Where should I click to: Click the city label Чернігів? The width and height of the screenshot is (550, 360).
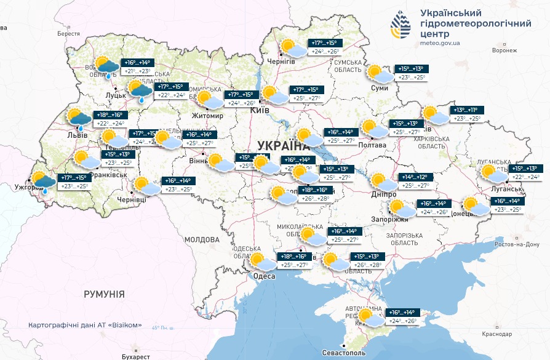pos(281,62)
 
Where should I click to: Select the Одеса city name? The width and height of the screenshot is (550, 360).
pos(264,276)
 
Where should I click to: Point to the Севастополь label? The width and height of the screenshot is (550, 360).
pos(343,354)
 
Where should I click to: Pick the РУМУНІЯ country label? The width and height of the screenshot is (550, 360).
pos(104,294)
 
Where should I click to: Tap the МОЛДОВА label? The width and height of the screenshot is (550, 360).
pos(201,239)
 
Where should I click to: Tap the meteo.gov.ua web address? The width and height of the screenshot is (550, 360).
pos(440,43)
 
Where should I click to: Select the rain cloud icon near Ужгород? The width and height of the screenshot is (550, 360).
pos(42,182)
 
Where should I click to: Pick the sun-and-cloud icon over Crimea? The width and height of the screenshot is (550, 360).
pos(370,318)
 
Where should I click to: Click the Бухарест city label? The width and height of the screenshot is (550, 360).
pos(136,356)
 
